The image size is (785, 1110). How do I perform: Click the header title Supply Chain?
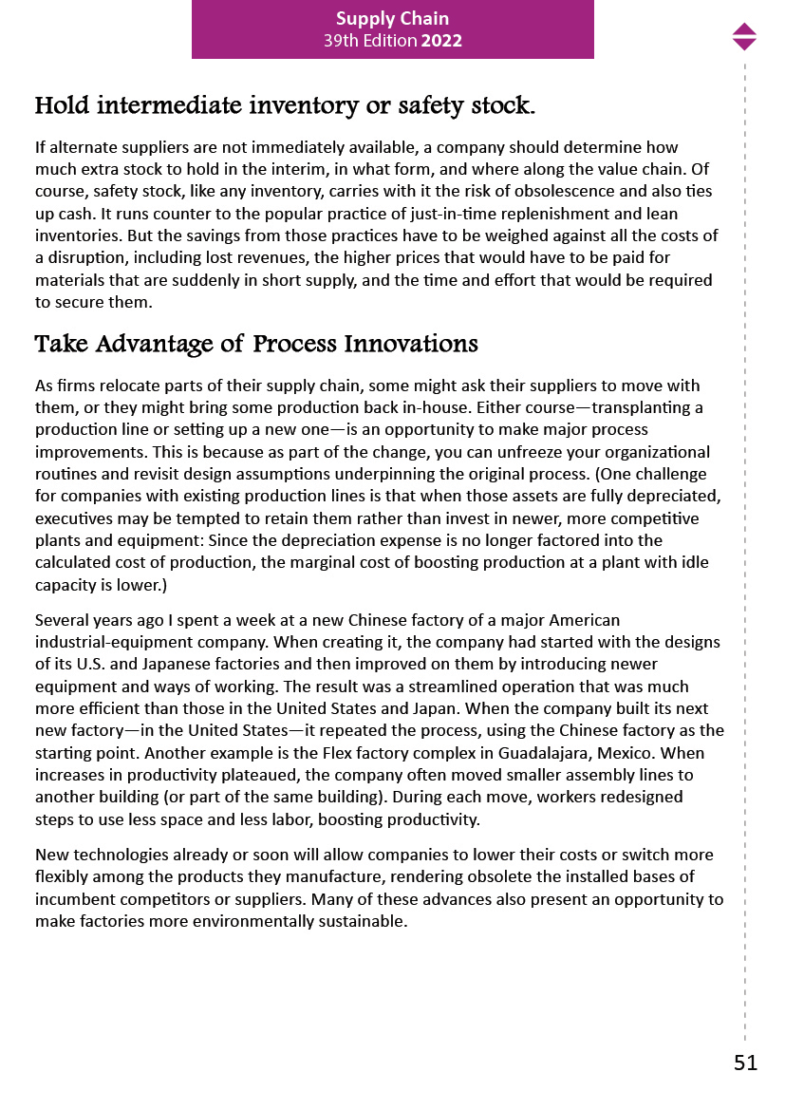(x=392, y=18)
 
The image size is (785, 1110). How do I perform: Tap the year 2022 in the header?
(x=441, y=41)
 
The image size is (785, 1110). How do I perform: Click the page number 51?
(x=745, y=1063)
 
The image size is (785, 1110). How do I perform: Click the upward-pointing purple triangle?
(x=744, y=29)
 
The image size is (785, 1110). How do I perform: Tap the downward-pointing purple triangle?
(x=744, y=44)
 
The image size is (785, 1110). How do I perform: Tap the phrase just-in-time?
(x=479, y=214)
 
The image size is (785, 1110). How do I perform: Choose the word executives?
(x=72, y=518)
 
